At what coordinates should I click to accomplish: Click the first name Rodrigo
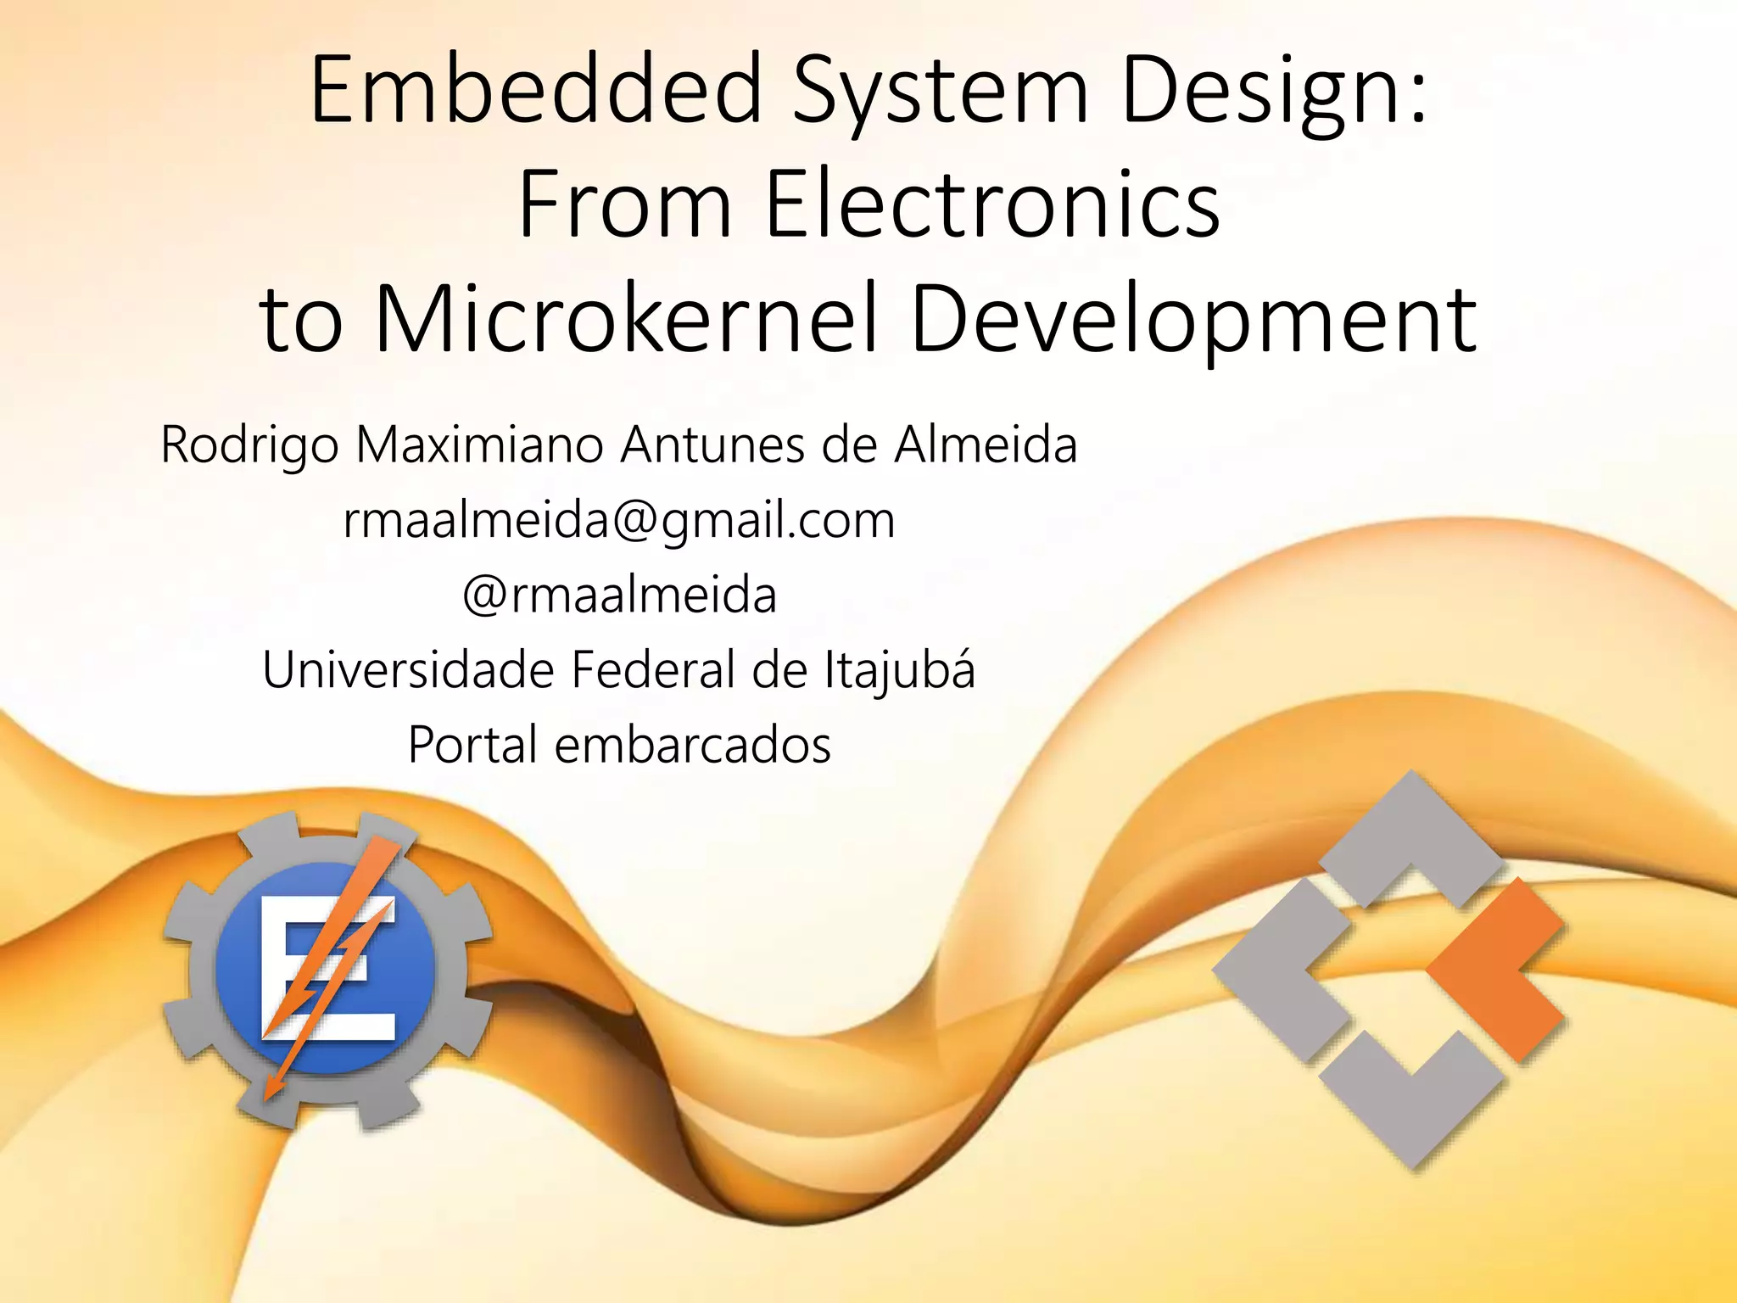click(x=250, y=446)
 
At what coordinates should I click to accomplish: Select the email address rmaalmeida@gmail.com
click(x=619, y=520)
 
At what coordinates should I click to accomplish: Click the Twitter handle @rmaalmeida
click(x=619, y=595)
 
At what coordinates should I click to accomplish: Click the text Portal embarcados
click(x=619, y=745)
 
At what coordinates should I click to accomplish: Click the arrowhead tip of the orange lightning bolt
click(x=269, y=1095)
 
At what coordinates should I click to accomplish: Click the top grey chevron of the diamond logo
click(x=1410, y=836)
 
